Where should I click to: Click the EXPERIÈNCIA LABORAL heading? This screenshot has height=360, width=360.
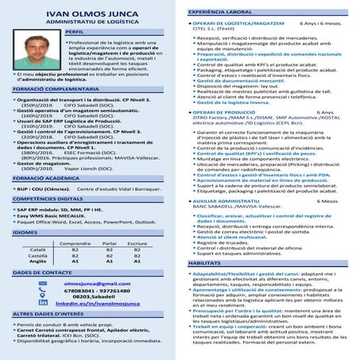[x=220, y=14]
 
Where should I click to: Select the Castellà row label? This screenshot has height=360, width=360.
[x=28, y=254]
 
